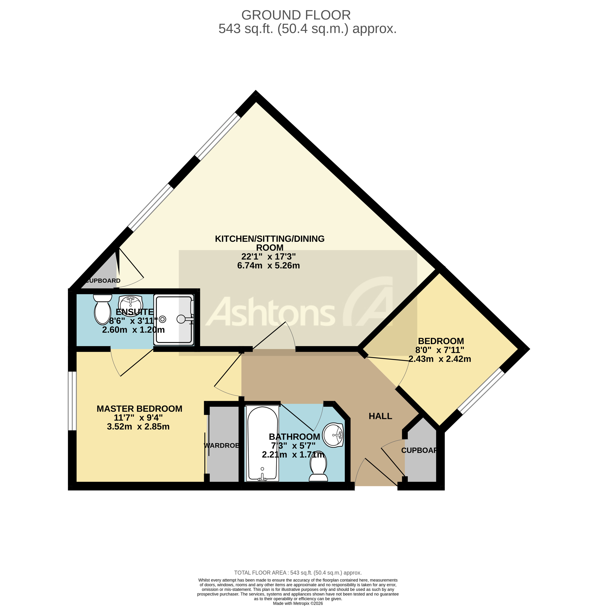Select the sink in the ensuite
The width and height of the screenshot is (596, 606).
pyautogui.click(x=131, y=303)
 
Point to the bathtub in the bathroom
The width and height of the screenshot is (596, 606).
pyautogui.click(x=262, y=443)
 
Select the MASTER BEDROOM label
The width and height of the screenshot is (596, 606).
pyautogui.click(x=139, y=409)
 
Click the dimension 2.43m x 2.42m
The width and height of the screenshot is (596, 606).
pyautogui.click(x=440, y=359)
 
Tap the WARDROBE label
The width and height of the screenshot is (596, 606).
pyautogui.click(x=221, y=445)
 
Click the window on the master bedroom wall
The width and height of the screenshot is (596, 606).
pyautogui.click(x=72, y=401)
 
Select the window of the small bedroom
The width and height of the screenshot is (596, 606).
pyautogui.click(x=481, y=391)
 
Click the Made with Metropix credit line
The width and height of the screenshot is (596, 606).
pyautogui.click(x=298, y=603)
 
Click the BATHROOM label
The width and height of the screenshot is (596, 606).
pyautogui.click(x=294, y=437)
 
